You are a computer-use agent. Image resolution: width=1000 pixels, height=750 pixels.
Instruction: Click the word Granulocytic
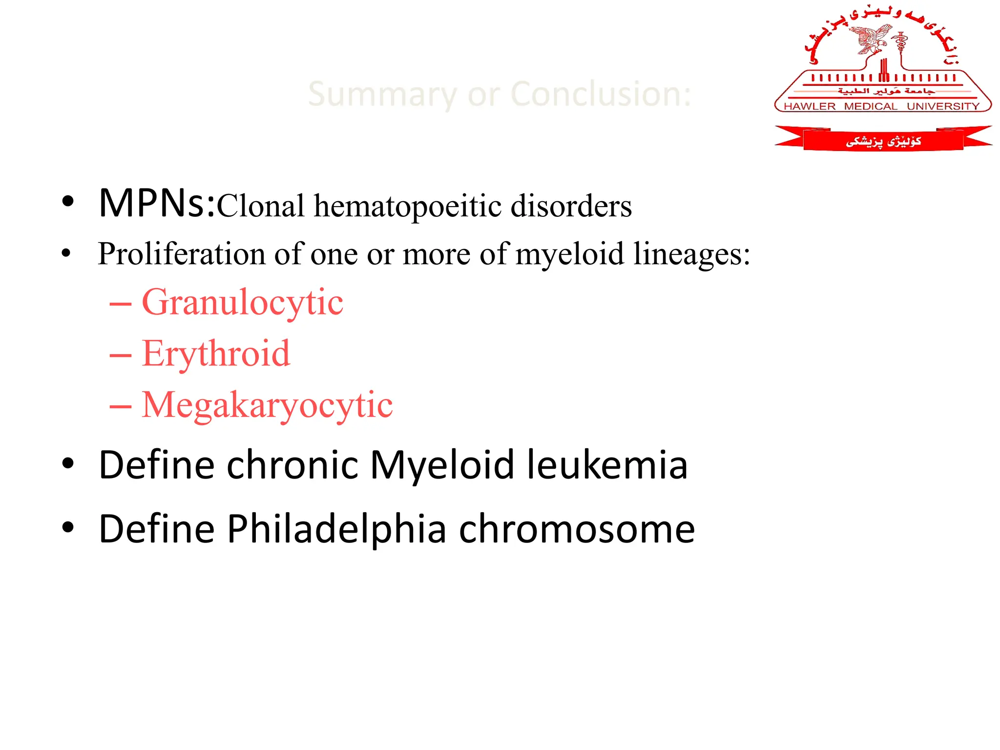tap(242, 303)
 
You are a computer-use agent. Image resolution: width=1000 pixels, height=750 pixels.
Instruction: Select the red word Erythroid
tap(216, 354)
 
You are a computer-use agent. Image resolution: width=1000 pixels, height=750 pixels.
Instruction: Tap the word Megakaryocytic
tap(267, 405)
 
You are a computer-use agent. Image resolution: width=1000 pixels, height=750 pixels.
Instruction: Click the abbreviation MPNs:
tap(157, 203)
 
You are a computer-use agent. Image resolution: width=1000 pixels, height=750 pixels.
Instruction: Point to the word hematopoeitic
tap(407, 206)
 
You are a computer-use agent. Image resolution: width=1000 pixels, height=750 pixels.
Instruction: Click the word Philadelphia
tap(336, 529)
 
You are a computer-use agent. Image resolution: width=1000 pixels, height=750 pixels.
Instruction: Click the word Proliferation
tap(182, 254)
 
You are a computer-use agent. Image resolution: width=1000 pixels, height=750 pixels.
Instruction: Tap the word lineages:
tap(691, 254)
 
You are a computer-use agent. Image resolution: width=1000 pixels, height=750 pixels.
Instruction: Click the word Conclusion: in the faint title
tap(601, 94)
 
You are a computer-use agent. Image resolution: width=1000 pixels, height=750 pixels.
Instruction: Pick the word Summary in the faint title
tap(382, 95)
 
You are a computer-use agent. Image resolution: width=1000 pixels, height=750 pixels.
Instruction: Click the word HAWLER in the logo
tap(810, 106)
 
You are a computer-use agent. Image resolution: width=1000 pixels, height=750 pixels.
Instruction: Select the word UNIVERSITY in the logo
tap(943, 106)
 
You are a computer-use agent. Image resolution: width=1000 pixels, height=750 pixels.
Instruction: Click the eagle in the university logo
tap(872, 39)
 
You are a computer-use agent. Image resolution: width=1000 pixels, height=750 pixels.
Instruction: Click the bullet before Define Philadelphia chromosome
tap(68, 528)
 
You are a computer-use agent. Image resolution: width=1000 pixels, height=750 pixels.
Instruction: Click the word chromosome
tap(577, 529)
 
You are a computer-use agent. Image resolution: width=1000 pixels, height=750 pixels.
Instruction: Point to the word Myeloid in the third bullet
tap(442, 465)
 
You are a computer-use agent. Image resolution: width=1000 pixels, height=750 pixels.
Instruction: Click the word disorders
tap(571, 206)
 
